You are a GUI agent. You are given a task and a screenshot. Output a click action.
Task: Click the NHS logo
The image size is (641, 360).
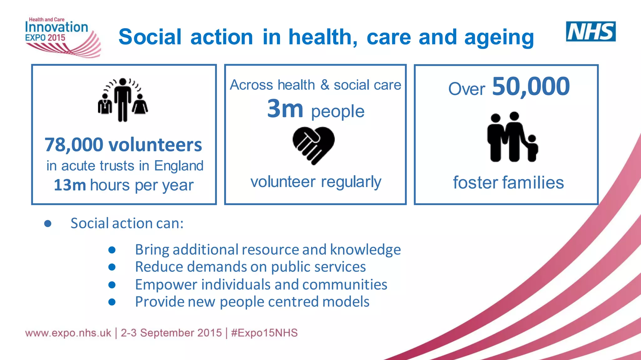[x=591, y=31]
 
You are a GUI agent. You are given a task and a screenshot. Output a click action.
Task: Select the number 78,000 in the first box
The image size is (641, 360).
[x=74, y=145]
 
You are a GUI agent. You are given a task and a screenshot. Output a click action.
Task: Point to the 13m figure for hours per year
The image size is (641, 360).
[x=69, y=185]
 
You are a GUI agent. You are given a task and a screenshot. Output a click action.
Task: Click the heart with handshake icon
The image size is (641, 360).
[x=314, y=145]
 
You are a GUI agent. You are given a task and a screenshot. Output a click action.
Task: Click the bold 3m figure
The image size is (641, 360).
[x=285, y=109]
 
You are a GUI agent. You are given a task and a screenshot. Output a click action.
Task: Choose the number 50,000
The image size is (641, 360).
[x=531, y=87]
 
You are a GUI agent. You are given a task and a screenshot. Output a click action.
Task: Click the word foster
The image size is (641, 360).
[x=475, y=183]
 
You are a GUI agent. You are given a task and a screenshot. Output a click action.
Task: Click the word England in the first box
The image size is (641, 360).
[x=179, y=166]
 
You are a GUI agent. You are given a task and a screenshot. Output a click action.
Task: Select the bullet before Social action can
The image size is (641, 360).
[x=48, y=223]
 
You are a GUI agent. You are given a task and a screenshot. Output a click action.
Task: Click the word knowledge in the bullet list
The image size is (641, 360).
[x=365, y=250]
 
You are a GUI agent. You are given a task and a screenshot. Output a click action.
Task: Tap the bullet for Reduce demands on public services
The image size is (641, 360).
[x=112, y=267]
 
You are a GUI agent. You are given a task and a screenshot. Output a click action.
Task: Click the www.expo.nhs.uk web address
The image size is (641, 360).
[x=68, y=333]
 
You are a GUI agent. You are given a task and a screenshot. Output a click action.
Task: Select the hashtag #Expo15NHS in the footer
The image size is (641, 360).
[x=264, y=333]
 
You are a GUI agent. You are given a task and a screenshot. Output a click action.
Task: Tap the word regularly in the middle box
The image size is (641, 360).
[x=351, y=182]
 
